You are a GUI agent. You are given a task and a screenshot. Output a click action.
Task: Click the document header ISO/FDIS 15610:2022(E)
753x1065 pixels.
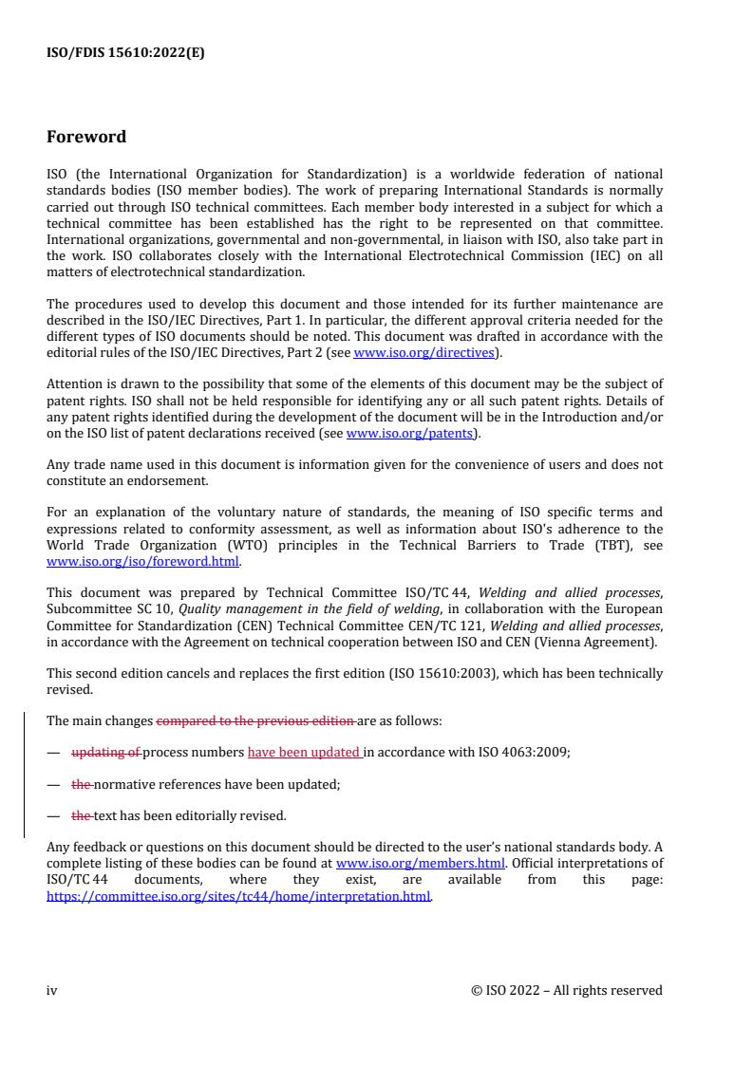coord(125,53)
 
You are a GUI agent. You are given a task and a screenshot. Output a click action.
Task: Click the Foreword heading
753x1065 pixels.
coord(86,137)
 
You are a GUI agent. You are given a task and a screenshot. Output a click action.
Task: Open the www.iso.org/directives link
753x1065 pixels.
coord(424,352)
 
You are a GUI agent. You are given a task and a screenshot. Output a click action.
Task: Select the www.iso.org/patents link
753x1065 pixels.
coord(411,435)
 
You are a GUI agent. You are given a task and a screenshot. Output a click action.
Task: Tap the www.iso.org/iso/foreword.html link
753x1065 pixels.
coord(143,561)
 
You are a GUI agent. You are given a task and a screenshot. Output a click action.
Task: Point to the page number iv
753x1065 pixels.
coord(52,990)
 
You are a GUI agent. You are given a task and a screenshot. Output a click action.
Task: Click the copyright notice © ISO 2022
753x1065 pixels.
coord(567,990)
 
